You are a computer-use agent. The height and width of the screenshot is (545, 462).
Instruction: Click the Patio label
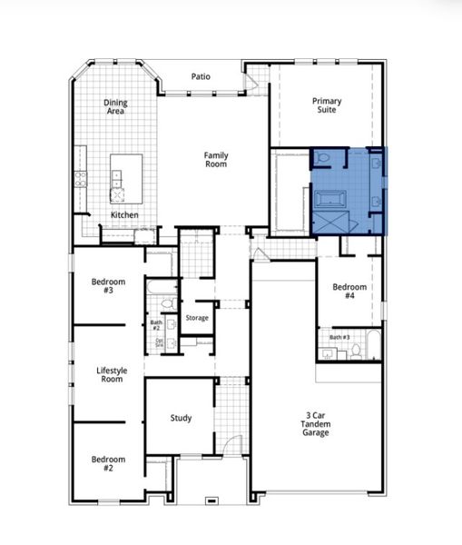coord(201,76)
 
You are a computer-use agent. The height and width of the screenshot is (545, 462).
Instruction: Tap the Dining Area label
coord(115,107)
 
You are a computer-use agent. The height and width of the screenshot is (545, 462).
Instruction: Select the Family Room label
coord(215,159)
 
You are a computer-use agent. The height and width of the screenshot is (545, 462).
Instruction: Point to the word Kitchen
coord(124,214)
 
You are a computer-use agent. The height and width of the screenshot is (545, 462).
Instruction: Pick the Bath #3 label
coord(339,337)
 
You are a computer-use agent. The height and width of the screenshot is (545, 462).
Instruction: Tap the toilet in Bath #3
coord(355,351)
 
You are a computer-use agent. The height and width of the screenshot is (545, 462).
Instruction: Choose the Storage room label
coord(197,318)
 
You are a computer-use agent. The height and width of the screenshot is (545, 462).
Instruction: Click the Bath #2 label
coord(155,324)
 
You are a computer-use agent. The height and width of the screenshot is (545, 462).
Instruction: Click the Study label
coord(181,418)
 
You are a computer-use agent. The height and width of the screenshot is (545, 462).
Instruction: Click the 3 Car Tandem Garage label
coord(316,423)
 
